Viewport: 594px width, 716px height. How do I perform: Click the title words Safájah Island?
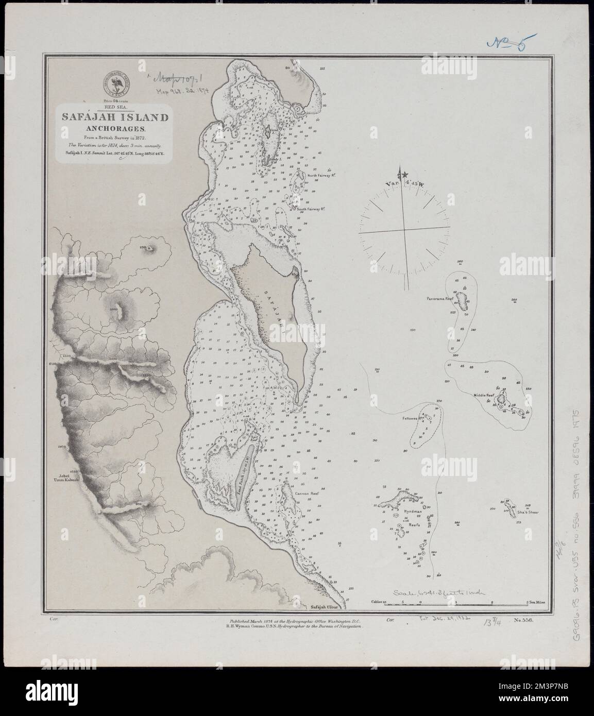[x=115, y=117]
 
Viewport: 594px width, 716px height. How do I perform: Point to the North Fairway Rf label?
[x=321, y=176]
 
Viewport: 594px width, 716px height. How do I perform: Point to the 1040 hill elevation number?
[x=114, y=310]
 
